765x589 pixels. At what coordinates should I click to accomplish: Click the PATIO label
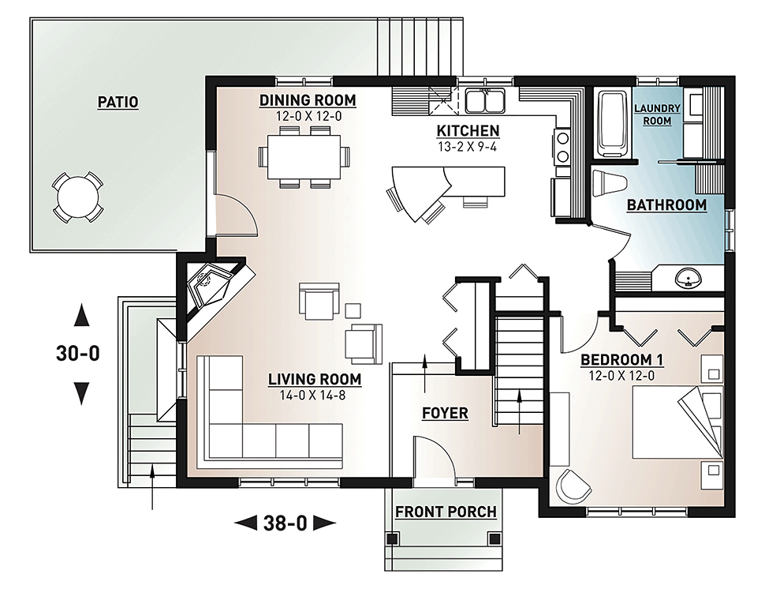tap(118, 102)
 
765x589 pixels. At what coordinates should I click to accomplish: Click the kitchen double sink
tap(485, 102)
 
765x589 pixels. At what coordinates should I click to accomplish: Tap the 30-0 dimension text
tap(78, 354)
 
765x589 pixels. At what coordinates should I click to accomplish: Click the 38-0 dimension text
tap(285, 522)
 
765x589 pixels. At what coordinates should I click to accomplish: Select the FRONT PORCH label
tap(446, 512)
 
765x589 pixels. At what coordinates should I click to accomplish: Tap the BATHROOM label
tap(666, 205)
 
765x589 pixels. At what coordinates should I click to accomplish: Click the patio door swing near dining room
tap(235, 213)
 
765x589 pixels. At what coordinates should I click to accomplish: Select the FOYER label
tap(445, 413)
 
